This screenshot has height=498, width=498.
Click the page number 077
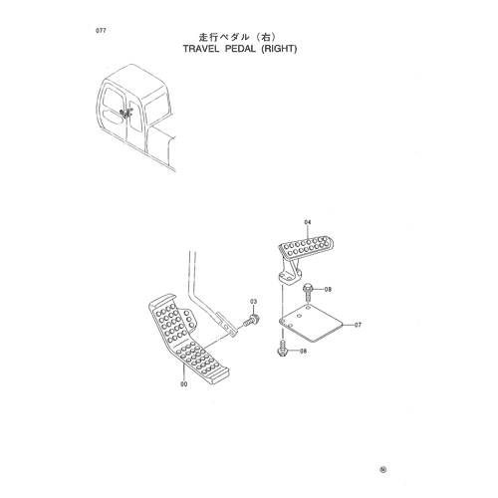(x=101, y=31)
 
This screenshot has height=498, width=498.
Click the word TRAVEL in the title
(x=201, y=49)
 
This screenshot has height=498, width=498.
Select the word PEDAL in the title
(x=240, y=49)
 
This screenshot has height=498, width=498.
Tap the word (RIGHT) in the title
(x=279, y=49)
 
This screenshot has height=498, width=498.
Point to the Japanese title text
(x=237, y=37)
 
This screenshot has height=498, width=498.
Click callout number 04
(x=308, y=222)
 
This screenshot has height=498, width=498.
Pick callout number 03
(x=253, y=302)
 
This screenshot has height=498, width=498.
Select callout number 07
(x=358, y=325)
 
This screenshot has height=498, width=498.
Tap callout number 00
(x=183, y=384)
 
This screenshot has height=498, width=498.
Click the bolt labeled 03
(x=251, y=321)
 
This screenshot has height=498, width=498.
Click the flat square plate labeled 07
(x=311, y=324)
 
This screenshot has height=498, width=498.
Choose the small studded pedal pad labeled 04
(x=306, y=247)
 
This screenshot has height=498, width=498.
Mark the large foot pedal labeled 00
(x=188, y=340)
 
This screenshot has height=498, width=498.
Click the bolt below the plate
(x=282, y=349)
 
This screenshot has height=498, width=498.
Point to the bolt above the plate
(x=307, y=291)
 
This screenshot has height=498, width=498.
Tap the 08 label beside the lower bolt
(x=303, y=351)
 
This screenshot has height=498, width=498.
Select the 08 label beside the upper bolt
(x=328, y=290)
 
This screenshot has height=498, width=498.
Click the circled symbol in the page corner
(x=383, y=470)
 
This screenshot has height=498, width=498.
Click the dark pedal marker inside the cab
(x=126, y=113)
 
